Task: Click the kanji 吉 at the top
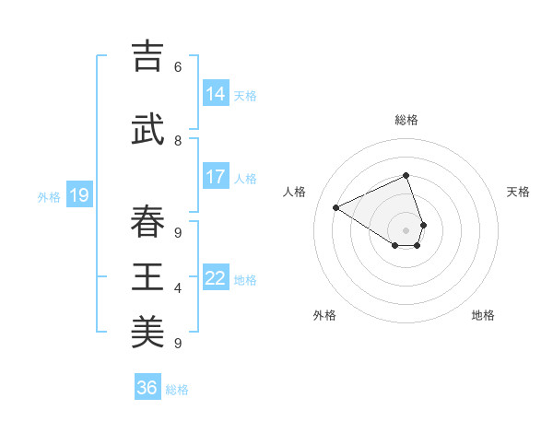147,58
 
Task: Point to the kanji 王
147,277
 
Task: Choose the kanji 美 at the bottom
147,333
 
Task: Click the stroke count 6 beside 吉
178,67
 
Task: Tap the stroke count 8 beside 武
178,141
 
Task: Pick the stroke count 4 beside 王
178,288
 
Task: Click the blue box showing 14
216,94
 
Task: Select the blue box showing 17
216,177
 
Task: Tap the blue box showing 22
216,278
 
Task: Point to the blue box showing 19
79,195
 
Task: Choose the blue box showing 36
147,388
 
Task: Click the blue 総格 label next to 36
177,390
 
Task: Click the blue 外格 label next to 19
49,196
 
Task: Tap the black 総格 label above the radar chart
406,120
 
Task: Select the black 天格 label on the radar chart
518,192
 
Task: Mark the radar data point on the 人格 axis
336,207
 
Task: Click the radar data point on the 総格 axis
406,176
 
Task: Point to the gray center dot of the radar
406,229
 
